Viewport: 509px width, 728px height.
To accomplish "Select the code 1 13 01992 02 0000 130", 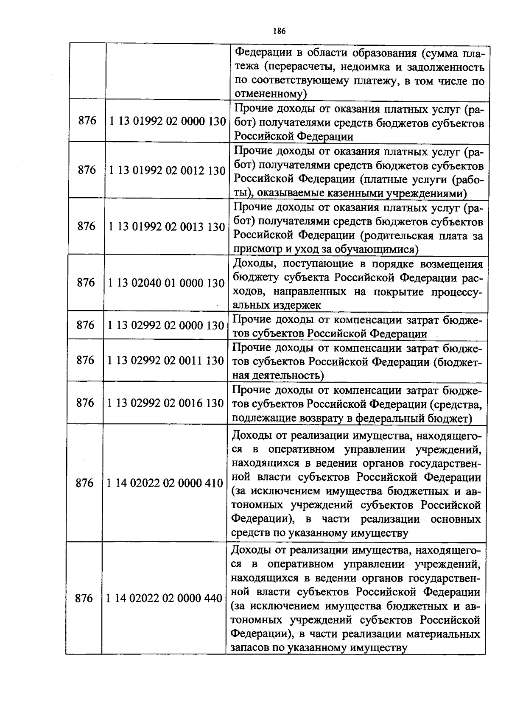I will point(167,121).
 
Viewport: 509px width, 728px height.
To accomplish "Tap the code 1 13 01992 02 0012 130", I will point(167,171).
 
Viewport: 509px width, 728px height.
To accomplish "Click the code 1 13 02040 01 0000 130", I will point(166,283).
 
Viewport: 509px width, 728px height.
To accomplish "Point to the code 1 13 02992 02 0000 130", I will point(165,325).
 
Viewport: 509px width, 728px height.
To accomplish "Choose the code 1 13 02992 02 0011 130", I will point(165,361).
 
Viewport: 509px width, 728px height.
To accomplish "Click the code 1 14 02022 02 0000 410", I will point(165,483).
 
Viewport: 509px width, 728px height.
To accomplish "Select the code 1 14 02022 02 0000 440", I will point(164,598).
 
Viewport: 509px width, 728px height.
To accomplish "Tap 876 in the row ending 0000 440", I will point(84,598).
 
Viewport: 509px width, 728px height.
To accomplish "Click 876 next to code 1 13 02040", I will point(86,283).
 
